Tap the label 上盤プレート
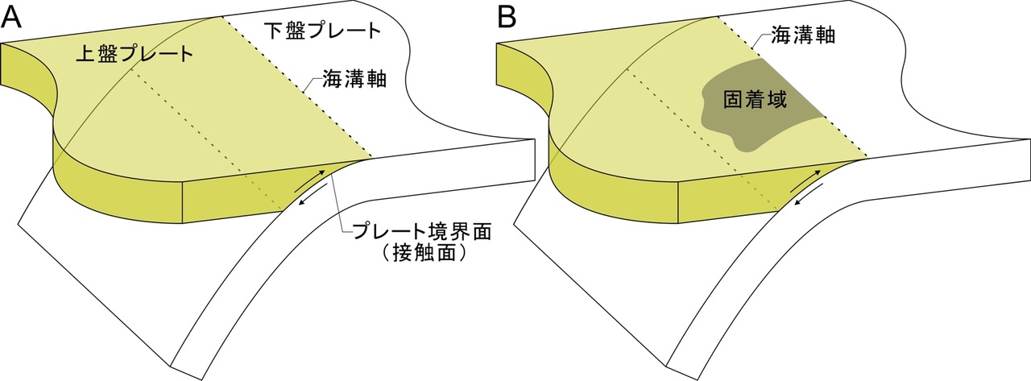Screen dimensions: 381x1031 pos(135,55)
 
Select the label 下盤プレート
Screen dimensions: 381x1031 pos(321,31)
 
